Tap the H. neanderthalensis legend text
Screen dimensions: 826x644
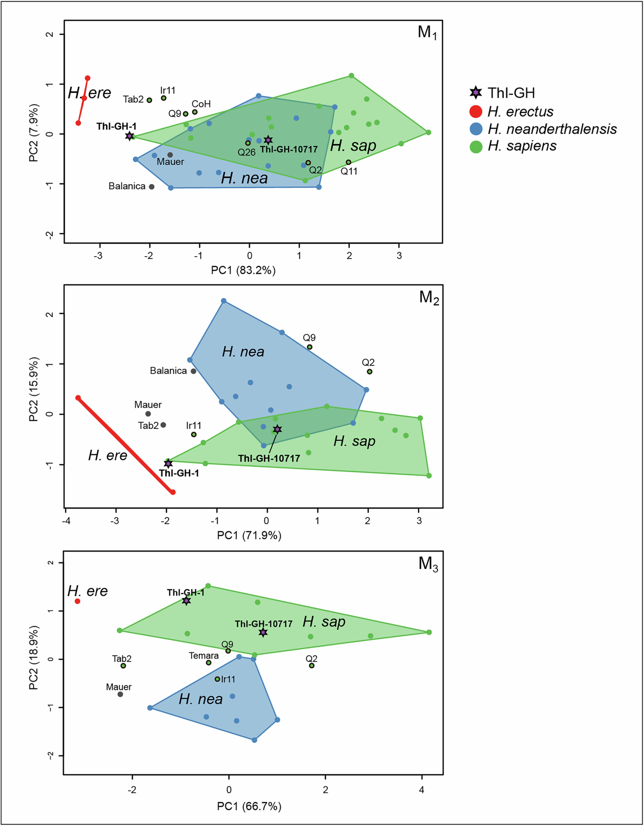click(x=552, y=129)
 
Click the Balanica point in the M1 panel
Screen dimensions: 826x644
click(x=152, y=186)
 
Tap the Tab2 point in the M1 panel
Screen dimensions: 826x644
click(x=149, y=100)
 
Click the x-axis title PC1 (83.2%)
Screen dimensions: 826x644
click(x=243, y=270)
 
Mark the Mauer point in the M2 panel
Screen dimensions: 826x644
click(x=148, y=414)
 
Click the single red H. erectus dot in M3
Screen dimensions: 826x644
click(x=78, y=601)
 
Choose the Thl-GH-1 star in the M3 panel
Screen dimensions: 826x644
click(x=186, y=601)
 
